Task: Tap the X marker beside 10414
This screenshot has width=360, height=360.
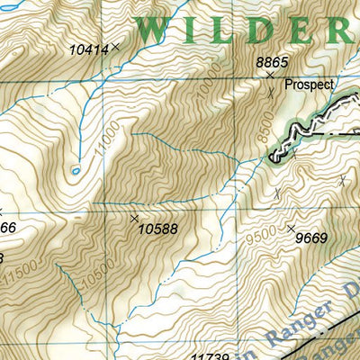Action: [115, 44]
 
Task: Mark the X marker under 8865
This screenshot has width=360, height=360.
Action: [269, 76]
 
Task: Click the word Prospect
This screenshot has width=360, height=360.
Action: [309, 85]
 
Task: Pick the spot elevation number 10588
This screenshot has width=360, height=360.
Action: [158, 229]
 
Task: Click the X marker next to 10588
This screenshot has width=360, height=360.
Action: [134, 218]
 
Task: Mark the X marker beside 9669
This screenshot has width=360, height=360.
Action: [290, 228]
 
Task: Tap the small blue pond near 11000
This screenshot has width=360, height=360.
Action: [76, 169]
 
